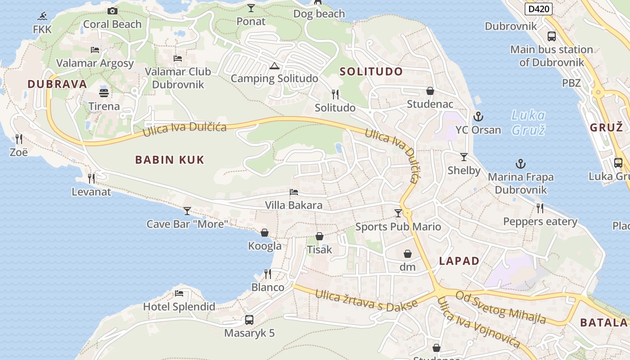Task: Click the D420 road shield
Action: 538,9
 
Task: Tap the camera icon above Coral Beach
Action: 112,11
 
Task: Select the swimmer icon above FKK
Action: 42,17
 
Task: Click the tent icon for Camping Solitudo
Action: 274,66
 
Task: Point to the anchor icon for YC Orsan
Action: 478,117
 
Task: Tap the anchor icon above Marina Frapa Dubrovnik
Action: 521,164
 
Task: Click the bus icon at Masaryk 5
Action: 249,320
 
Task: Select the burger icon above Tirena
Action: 104,93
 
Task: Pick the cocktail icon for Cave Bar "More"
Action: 187,211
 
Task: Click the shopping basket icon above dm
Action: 408,254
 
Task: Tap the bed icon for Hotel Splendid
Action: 179,294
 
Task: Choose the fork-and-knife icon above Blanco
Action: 268,274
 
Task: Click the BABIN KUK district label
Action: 170,160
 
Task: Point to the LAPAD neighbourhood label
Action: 459,261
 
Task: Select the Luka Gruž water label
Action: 528,122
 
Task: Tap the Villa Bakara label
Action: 293,206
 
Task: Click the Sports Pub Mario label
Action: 398,226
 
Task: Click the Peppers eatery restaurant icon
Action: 540,208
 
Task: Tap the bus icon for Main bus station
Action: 552,36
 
